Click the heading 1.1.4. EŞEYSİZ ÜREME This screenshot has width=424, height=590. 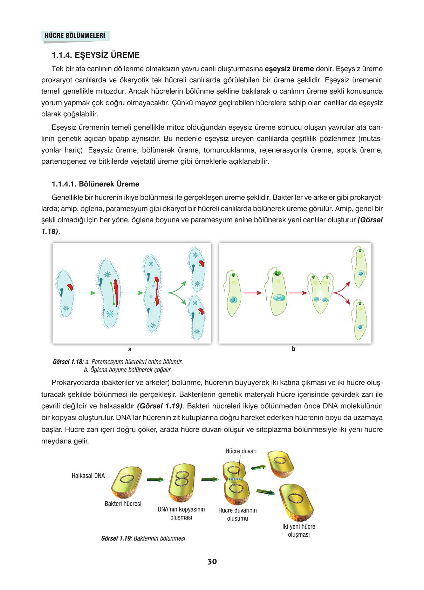click(95, 55)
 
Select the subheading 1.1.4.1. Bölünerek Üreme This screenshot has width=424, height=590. click(95, 184)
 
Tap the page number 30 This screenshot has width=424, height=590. click(212, 562)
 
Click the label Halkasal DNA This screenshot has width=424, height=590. click(88, 476)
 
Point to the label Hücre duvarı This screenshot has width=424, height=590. click(241, 451)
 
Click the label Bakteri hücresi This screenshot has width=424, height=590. click(123, 504)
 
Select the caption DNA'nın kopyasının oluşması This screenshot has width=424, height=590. click(181, 513)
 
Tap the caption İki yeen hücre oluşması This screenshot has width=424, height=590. click(299, 530)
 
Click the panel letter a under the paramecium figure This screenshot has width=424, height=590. click(130, 349)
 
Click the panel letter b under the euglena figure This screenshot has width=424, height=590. click(294, 349)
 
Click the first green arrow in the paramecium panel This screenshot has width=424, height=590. click(86, 292)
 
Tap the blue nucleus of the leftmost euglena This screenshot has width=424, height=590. click(233, 300)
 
